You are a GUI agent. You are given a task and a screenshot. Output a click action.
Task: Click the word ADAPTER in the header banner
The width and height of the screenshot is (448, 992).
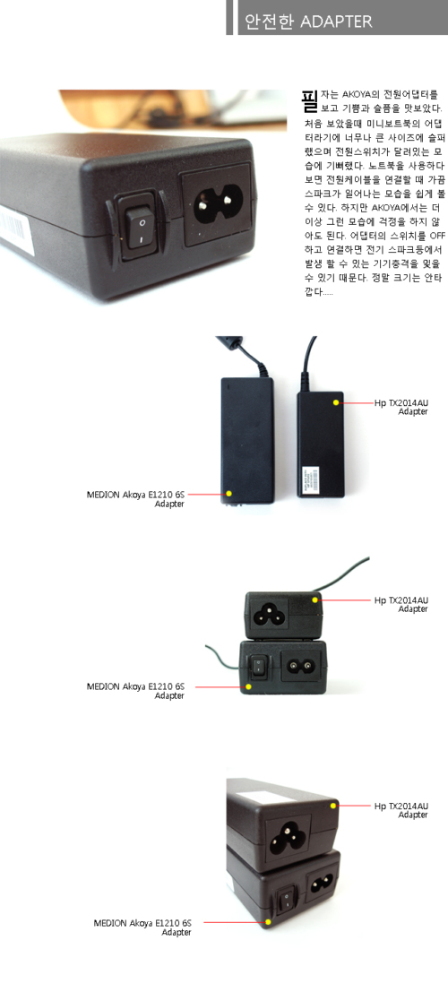[x=337, y=22]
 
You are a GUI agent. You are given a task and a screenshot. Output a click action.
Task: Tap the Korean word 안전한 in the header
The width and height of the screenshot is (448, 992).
[x=271, y=22]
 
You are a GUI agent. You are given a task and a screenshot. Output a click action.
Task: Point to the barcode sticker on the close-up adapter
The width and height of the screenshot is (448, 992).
[x=15, y=229]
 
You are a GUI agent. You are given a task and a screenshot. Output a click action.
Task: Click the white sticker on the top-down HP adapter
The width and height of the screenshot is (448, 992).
[x=312, y=480]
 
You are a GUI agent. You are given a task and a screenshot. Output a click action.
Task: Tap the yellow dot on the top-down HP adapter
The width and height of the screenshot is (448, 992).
[x=336, y=402]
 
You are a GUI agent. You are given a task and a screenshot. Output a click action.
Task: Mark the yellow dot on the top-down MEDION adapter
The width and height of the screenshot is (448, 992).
[x=229, y=494]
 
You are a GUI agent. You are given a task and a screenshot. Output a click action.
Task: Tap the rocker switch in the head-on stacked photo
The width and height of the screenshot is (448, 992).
[x=258, y=666]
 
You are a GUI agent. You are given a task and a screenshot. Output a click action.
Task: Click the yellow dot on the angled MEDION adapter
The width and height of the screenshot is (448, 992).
[x=269, y=922]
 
